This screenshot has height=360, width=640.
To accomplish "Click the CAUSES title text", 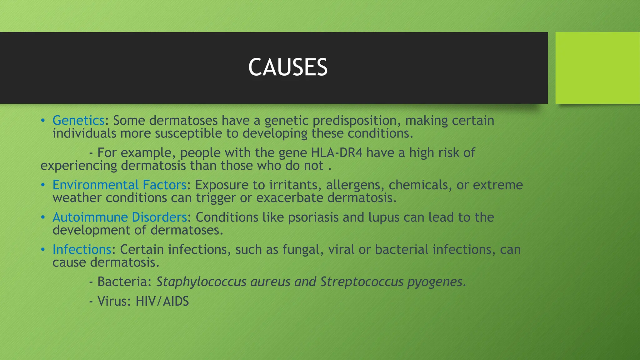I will [x=288, y=67].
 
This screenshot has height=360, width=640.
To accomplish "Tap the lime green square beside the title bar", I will [x=597, y=68].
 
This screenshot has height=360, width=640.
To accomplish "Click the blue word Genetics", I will [x=78, y=121].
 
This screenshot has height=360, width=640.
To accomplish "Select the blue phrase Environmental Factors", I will [x=119, y=185].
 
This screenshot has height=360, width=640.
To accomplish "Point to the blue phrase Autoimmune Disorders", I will [x=120, y=217].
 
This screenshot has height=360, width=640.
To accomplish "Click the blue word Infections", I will [x=82, y=249].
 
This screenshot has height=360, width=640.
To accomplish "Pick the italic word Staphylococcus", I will [x=201, y=282].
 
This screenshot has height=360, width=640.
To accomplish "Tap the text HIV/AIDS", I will [x=162, y=301].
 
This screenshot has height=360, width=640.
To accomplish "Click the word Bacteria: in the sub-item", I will [x=124, y=282].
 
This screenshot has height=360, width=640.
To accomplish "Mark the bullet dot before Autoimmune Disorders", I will [x=43, y=217].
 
